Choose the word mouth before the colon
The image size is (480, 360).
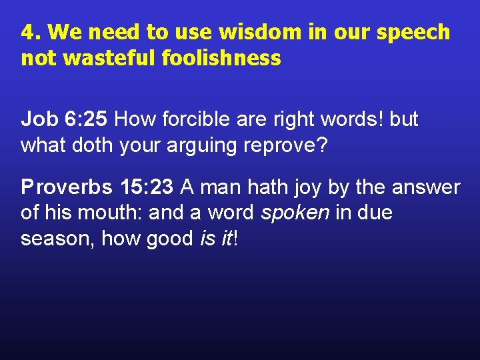[x=118, y=213]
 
